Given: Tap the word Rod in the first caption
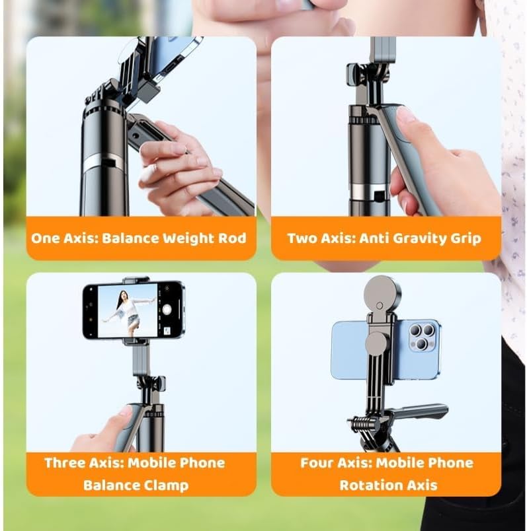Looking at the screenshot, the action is click(x=232, y=238).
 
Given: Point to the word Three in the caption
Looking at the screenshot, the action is click(x=65, y=462).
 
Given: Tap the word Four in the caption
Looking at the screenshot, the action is click(x=316, y=462).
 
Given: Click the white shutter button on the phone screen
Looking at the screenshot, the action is click(x=167, y=310).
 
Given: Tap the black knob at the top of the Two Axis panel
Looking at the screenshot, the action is click(x=353, y=74).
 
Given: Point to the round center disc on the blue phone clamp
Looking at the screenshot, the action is click(x=376, y=343).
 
